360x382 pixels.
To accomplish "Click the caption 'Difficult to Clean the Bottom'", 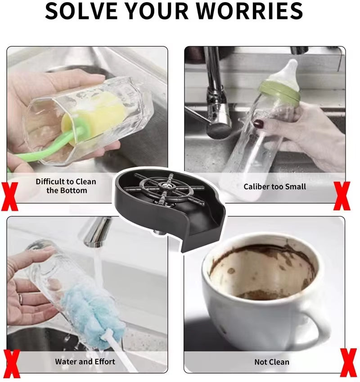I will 66,186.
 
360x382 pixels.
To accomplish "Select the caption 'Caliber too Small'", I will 274,186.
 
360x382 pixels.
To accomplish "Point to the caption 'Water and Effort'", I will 85,361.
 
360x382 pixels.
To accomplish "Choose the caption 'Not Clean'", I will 272,362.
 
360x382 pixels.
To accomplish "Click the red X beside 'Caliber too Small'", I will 342,196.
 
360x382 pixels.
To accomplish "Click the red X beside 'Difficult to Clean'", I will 9,196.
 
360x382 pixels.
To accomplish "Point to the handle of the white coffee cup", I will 319,324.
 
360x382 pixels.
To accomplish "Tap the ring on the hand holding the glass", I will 20,298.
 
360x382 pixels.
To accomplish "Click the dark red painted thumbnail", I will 258,123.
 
